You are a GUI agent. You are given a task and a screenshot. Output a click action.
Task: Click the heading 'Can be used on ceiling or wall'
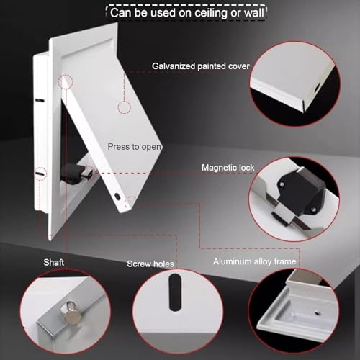pyautogui.click(x=187, y=12)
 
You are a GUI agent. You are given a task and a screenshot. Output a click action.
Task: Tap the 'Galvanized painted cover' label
pyautogui.click(x=201, y=66)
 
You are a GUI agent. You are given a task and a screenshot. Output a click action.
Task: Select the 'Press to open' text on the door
pyautogui.click(x=134, y=147)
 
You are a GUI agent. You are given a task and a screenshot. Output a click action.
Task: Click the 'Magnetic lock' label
pyautogui.click(x=228, y=168)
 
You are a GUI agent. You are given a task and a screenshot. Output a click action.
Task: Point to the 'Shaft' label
pyautogui.click(x=54, y=262)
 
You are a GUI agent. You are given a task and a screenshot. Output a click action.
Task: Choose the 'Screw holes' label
pyautogui.click(x=150, y=264)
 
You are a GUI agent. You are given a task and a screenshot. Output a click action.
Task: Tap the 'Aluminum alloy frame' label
pyautogui.click(x=254, y=261)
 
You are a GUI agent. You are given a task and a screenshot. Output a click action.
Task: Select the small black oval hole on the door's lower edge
pyautogui.click(x=117, y=197)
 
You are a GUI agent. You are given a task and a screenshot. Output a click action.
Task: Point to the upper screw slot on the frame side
pyautogui.click(x=40, y=100)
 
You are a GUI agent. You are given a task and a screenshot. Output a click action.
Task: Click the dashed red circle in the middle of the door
pyautogui.click(x=124, y=107)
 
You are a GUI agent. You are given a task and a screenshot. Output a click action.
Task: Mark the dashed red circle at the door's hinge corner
pyautogui.click(x=66, y=81)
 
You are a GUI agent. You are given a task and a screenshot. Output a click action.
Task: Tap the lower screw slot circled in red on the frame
pyautogui.click(x=40, y=174)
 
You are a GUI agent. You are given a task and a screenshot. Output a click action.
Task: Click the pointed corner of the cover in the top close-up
pyautogui.click(x=304, y=110)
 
